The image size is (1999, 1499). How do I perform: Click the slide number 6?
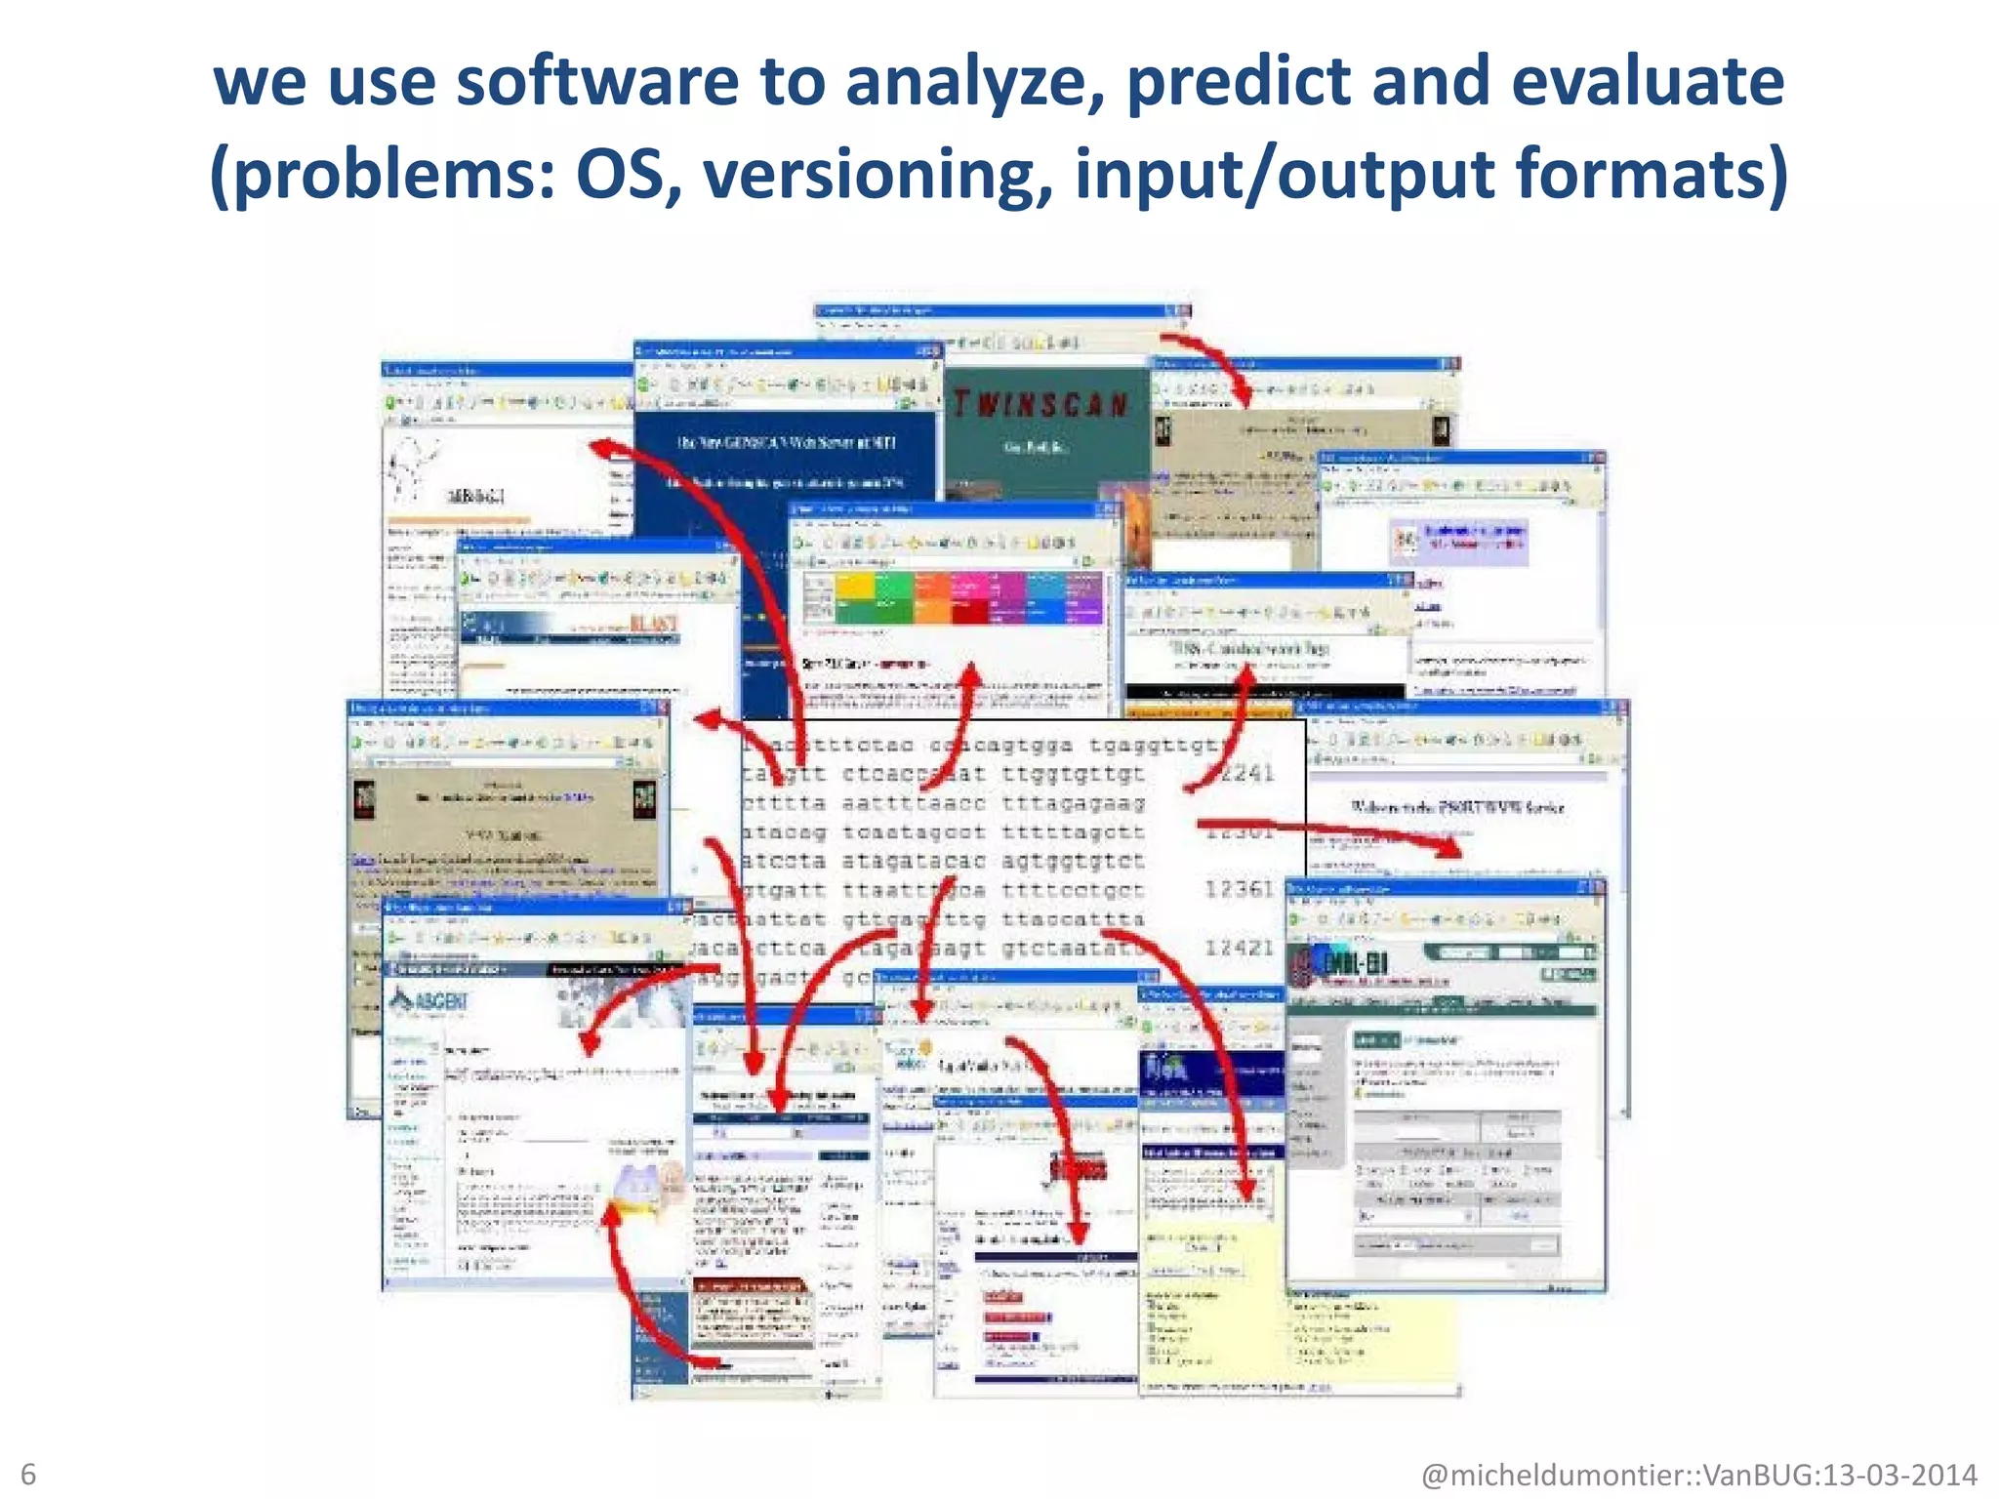click(28, 1474)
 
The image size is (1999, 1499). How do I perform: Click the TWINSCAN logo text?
click(1040, 404)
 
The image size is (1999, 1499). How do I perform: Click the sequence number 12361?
click(1239, 889)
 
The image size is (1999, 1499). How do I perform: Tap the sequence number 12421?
click(1239, 947)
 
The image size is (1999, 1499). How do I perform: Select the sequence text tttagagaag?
click(1073, 803)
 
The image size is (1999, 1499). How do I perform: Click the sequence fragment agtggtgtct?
click(1073, 862)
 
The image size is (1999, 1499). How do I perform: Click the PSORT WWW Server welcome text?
click(1457, 807)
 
